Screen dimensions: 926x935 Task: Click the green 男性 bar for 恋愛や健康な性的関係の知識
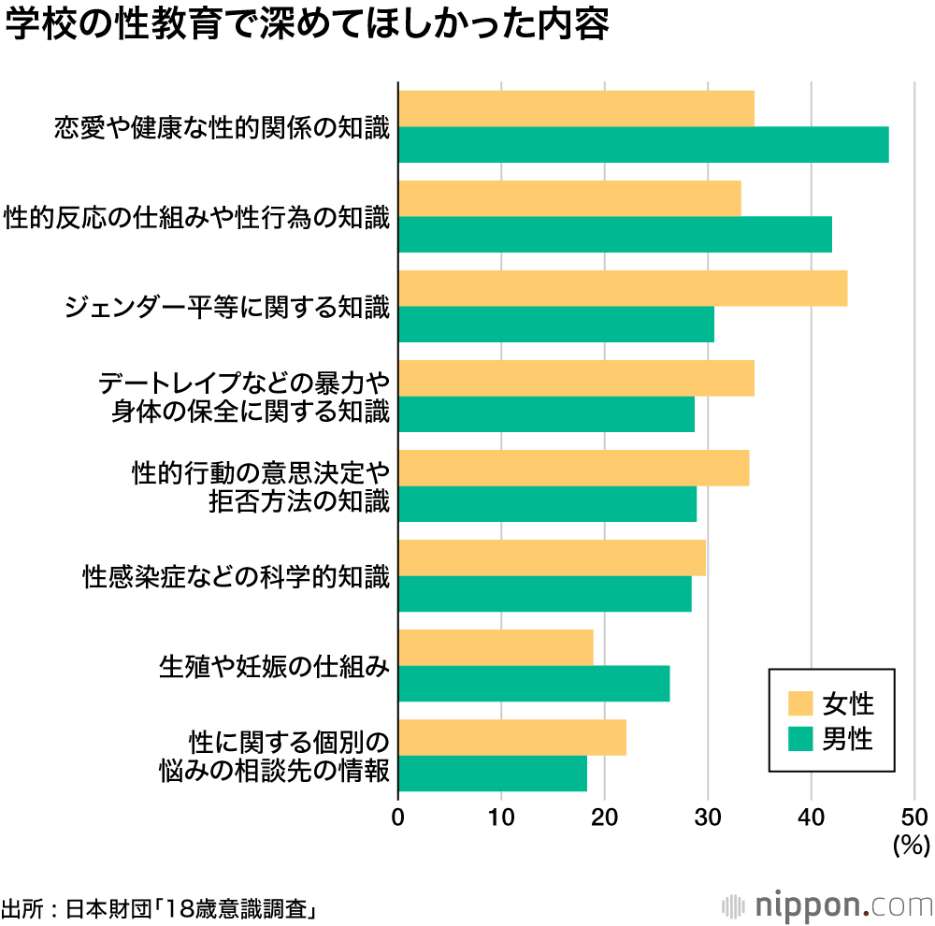pyautogui.click(x=643, y=144)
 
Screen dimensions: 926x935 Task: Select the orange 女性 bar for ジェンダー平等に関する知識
pyautogui.click(x=623, y=288)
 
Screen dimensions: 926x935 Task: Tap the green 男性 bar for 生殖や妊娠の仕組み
pyautogui.click(x=534, y=684)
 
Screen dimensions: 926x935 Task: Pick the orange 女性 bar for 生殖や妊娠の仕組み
pyautogui.click(x=496, y=647)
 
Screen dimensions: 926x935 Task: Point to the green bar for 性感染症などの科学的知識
pyautogui.click(x=545, y=594)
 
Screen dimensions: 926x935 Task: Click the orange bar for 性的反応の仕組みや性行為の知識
pyautogui.click(x=569, y=198)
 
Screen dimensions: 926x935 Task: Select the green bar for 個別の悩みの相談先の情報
pyautogui.click(x=493, y=774)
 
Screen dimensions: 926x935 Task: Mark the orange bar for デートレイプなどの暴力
pyautogui.click(x=576, y=378)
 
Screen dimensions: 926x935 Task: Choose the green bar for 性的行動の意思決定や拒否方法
pyautogui.click(x=547, y=504)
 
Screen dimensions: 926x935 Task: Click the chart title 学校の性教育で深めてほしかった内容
pyautogui.click(x=307, y=26)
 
